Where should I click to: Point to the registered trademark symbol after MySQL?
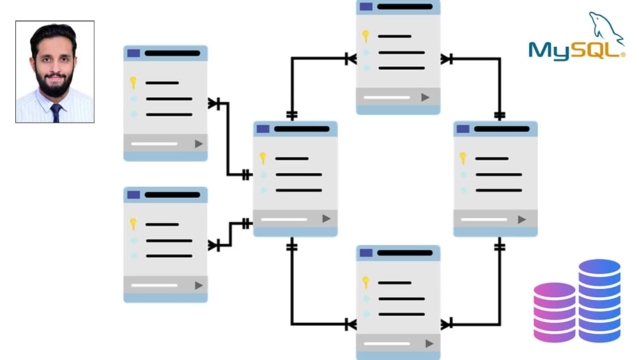622,54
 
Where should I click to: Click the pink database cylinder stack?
554,312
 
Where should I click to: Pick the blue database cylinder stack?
599,301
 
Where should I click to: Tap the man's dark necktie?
56,113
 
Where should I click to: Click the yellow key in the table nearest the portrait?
134,82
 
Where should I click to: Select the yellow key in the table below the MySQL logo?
463,158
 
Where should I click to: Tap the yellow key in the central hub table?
263,158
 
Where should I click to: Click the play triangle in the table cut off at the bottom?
429,343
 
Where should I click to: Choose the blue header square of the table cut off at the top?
366,6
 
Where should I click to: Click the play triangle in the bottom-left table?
199,285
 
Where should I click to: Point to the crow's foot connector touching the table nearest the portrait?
214,104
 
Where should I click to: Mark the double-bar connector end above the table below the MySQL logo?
500,115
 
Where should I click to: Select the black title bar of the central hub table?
302,129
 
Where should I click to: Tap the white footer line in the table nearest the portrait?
154,144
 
